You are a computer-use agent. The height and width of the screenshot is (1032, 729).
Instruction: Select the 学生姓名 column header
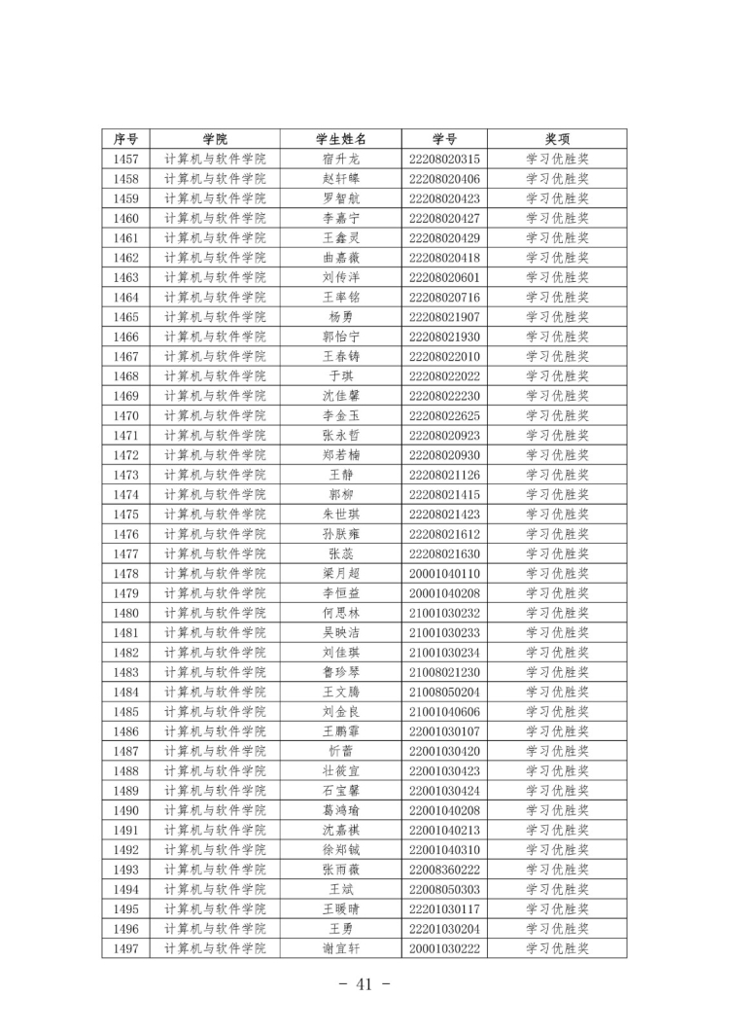[x=341, y=139]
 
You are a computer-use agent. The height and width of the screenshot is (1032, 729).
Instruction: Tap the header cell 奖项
[x=558, y=139]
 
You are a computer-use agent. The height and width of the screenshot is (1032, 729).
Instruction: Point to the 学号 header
[x=445, y=139]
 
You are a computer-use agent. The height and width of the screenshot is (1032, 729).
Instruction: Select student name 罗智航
[x=341, y=198]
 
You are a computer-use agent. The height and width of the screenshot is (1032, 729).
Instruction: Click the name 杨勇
[x=341, y=317]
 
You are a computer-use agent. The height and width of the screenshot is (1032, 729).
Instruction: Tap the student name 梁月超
[x=341, y=573]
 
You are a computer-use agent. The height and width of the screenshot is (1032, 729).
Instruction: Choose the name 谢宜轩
[x=341, y=948]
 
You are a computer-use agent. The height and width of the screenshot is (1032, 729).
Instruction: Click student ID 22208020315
[x=445, y=159]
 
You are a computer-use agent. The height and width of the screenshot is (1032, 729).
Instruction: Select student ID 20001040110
[x=445, y=573]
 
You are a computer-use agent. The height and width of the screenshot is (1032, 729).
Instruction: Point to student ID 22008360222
[x=445, y=870]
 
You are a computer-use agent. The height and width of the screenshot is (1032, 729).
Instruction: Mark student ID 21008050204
[x=445, y=692]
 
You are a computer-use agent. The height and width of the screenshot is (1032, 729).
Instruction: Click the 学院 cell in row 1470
[x=215, y=415]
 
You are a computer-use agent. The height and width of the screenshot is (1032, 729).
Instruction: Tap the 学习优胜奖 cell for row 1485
[x=558, y=711]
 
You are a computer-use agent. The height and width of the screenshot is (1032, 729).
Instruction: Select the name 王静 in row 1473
[x=341, y=475]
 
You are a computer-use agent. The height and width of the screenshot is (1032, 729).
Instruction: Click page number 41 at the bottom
[x=364, y=984]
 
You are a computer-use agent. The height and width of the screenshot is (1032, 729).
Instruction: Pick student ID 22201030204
[x=445, y=929]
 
